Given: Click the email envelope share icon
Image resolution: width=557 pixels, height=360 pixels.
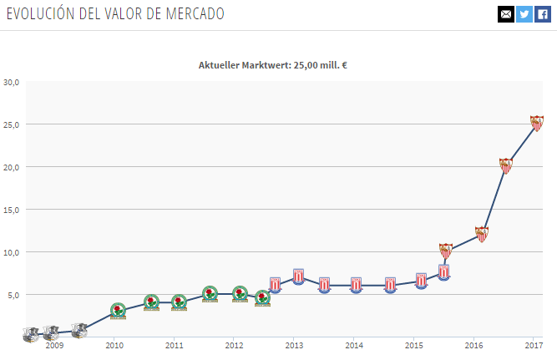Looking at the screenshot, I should click(x=505, y=14).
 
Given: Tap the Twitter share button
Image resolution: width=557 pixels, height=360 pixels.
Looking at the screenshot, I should click(x=524, y=14).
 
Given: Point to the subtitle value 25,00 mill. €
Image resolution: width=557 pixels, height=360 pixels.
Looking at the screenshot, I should click(x=320, y=65).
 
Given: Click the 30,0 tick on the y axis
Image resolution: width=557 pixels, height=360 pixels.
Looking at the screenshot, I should click(x=12, y=82).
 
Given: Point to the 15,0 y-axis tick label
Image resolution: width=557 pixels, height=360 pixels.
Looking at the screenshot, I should click(x=12, y=210).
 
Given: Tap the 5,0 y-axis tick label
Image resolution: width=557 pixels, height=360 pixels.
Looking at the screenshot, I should click(x=13, y=295).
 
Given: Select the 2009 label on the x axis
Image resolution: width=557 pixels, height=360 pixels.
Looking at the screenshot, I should click(x=54, y=345).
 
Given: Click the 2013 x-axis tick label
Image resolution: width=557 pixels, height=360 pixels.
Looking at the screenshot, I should click(x=294, y=345).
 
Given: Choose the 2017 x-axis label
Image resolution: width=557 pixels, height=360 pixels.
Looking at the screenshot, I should click(x=534, y=345).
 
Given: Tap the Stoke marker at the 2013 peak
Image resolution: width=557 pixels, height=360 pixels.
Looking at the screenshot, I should click(x=298, y=276).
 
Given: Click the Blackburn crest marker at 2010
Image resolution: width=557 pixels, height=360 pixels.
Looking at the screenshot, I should click(x=119, y=312).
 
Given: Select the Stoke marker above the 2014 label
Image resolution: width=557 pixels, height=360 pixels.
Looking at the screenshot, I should click(x=357, y=285).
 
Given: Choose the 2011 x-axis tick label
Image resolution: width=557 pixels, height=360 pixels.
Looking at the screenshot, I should click(x=174, y=345).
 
